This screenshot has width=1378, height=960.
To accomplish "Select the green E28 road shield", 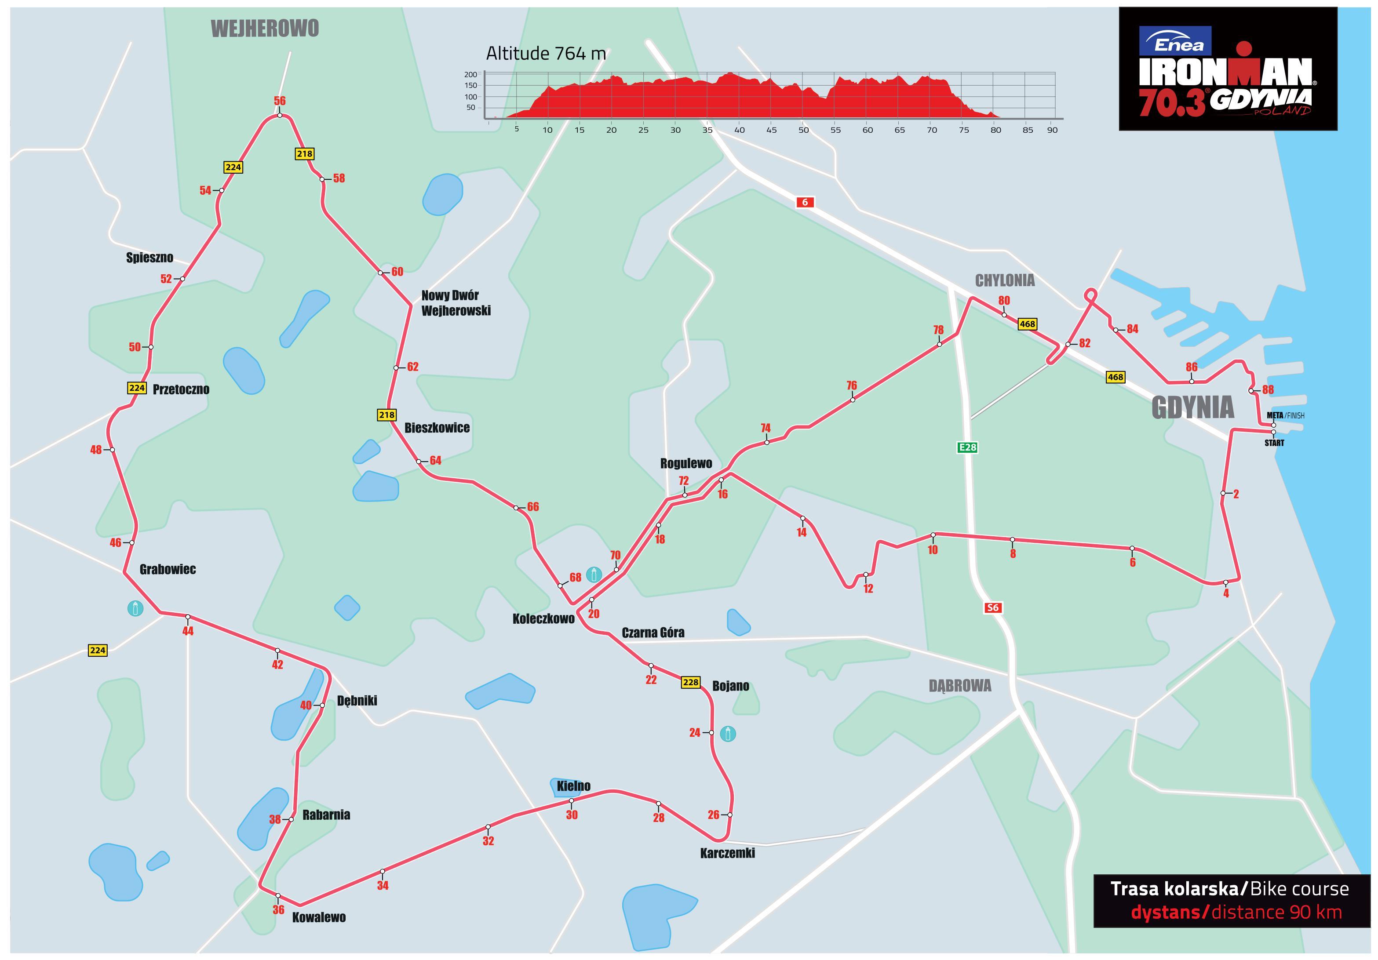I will pos(967,447).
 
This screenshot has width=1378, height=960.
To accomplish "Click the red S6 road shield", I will pos(993,608).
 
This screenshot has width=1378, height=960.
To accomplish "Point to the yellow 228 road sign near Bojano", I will pos(691,682).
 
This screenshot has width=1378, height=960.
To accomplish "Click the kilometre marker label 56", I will pos(280,101).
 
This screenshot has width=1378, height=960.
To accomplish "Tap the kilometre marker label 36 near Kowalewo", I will pos(278,909).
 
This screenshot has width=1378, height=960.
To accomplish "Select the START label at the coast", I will pos(1274,443).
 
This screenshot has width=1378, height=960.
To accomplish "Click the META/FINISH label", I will pos(1285,415).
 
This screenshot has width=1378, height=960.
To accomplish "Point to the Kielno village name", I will pos(573,786).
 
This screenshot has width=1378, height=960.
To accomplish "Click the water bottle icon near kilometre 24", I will pos(728,733).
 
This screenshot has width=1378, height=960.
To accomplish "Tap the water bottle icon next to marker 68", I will pos(594,575).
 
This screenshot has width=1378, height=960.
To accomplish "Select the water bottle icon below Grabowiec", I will pos(135,608).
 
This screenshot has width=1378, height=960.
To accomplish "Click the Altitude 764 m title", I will pos(546,54).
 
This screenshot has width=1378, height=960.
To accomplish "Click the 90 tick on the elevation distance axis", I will pos(1052,130).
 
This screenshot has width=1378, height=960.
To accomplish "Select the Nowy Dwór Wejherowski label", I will pos(456,303).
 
